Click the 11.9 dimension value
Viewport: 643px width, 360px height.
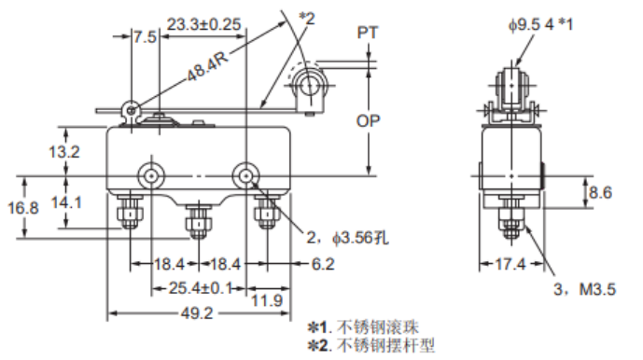(x=267, y=301)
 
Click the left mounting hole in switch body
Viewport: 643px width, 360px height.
(x=148, y=174)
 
